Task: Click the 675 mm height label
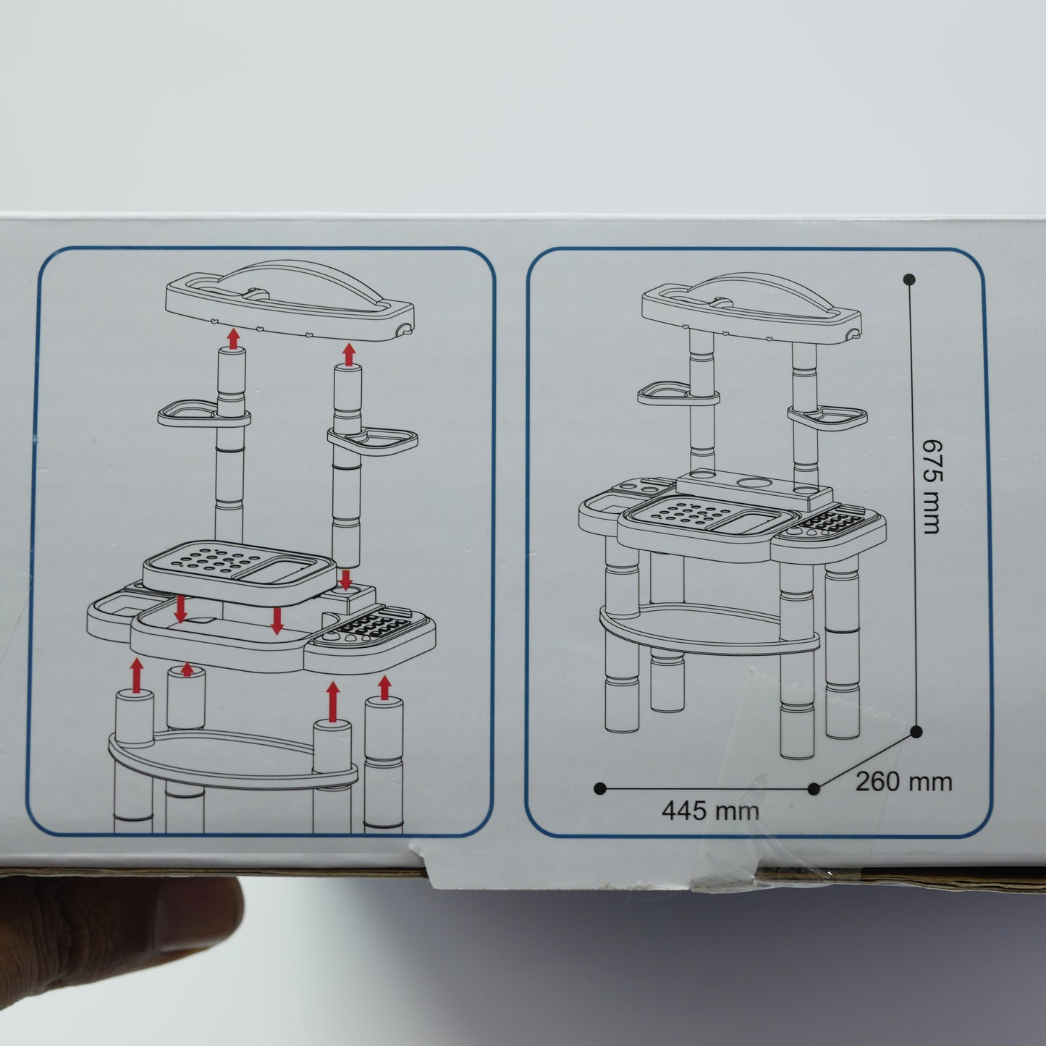coord(932,486)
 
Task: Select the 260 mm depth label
coord(904,783)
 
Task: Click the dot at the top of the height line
coord(910,280)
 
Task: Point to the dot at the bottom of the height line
coord(916,733)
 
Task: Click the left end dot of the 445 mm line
coord(600,789)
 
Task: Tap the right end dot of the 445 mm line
coord(813,789)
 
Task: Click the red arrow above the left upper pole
coord(233,339)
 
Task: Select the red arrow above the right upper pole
coord(349,354)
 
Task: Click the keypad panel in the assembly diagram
coord(369,630)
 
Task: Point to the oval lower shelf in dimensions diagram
coord(709,628)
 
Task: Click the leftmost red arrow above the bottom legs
coord(137,675)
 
